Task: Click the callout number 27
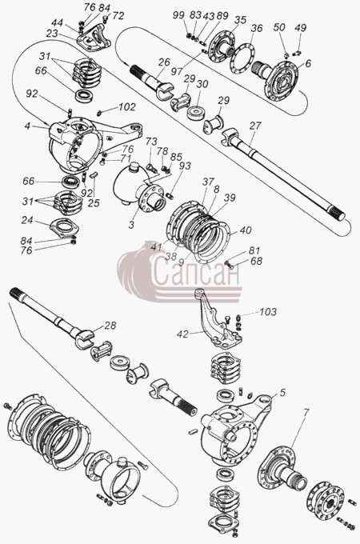[x=255, y=126]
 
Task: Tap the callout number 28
[x=110, y=325]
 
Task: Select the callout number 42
[x=182, y=334]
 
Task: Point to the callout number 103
[x=268, y=311]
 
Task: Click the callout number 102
[x=126, y=107]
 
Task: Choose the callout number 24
[x=27, y=220]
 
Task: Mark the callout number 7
[x=306, y=413]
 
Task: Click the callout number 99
[x=178, y=15]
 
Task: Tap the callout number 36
[x=257, y=28]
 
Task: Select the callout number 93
[x=185, y=166]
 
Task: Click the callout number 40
[x=246, y=230]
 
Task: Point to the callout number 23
[x=52, y=33]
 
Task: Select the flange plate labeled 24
[x=65, y=228]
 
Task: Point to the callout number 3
[x=131, y=225]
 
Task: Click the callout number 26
[x=164, y=62]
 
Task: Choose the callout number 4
[x=27, y=126]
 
